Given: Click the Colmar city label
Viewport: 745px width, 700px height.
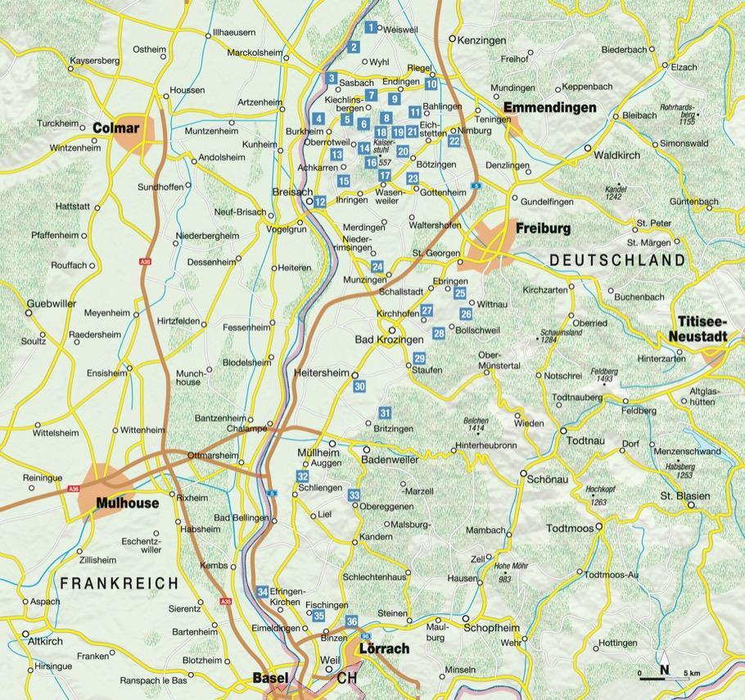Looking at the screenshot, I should pyautogui.click(x=115, y=128).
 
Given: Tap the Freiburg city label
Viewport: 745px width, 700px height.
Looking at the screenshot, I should pyautogui.click(x=543, y=229).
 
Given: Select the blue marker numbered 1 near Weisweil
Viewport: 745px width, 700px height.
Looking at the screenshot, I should pyautogui.click(x=372, y=28).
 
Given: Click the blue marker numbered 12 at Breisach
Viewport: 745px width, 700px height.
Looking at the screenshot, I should pyautogui.click(x=320, y=201).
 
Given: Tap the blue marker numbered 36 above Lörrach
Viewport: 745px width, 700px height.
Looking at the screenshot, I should pyautogui.click(x=352, y=621).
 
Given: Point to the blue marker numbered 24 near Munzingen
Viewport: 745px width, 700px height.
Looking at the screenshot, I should pyautogui.click(x=377, y=266).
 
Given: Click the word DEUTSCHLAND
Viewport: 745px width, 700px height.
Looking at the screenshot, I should pyautogui.click(x=617, y=260).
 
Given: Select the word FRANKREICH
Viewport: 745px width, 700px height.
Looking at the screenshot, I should pyautogui.click(x=120, y=583).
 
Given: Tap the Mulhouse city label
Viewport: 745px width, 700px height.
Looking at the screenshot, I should pyautogui.click(x=127, y=504).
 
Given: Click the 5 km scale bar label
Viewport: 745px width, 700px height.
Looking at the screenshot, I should pyautogui.click(x=692, y=674).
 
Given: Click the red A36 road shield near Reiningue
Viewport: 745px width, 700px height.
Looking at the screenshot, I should pyautogui.click(x=74, y=489).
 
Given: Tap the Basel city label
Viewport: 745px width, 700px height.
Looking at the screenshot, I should pyautogui.click(x=269, y=679).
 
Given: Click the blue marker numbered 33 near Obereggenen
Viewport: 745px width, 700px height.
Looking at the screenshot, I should pyautogui.click(x=354, y=495).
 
